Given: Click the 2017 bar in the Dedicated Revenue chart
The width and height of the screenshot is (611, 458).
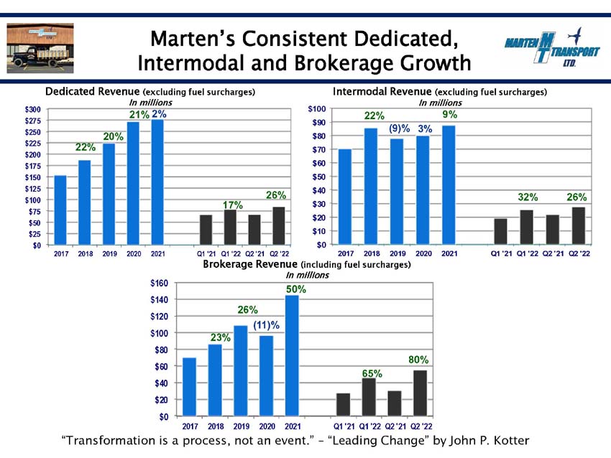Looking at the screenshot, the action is [60, 210].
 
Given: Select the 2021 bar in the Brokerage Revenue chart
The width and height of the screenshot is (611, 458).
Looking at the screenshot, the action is [293, 355].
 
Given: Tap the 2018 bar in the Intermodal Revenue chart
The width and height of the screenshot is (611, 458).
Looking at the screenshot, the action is [371, 187].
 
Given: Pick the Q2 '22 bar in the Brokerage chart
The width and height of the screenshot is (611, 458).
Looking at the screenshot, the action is [420, 393].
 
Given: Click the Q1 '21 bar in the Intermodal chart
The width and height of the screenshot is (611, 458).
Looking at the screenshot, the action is [501, 232].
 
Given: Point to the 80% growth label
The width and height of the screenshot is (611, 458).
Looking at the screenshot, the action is [418, 360].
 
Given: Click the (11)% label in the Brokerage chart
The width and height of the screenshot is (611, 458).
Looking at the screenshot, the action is [267, 325].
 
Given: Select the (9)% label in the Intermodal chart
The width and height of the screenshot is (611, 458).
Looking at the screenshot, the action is [400, 128].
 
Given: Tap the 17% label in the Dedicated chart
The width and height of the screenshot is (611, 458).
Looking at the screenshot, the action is [233, 205].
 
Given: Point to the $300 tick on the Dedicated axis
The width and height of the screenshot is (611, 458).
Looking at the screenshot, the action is [33, 109].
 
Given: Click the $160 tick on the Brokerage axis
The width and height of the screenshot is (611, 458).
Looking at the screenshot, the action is [160, 283].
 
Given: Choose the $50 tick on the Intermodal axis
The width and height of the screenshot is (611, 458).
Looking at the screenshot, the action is [319, 177].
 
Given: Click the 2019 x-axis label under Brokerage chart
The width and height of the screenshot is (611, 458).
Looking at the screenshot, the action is [242, 426].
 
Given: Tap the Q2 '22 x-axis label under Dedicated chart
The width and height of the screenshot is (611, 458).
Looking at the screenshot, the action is [280, 253].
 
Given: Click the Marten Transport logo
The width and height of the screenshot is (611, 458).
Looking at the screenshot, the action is [552, 47].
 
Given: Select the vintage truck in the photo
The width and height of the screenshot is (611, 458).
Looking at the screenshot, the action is [40, 57].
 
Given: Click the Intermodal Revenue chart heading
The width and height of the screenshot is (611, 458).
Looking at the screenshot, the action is [439, 92].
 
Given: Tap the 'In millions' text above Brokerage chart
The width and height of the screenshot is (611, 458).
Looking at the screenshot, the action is [308, 275].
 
